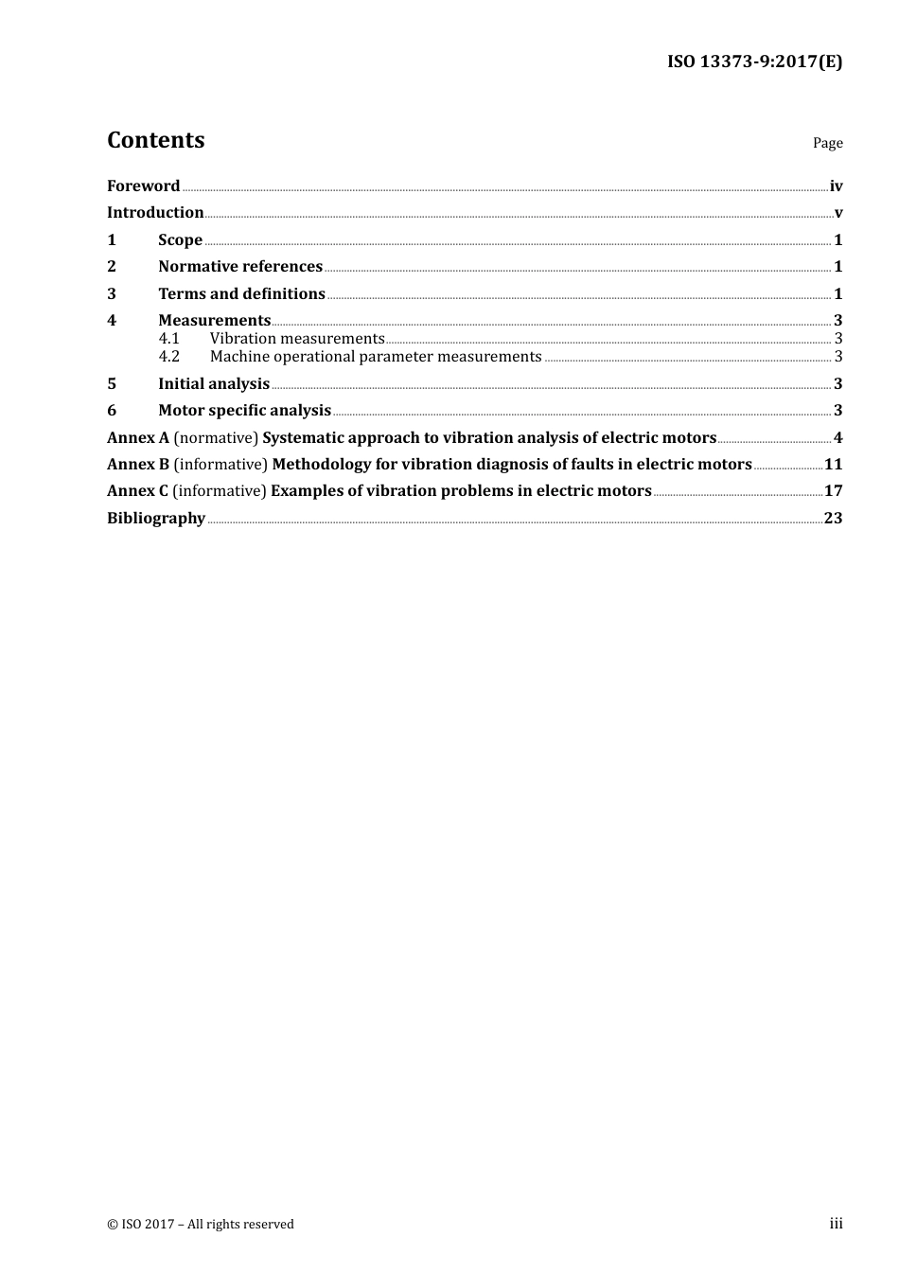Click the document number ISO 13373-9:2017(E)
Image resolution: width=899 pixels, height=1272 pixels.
coord(754,62)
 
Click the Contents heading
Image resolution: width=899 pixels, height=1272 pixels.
coord(155,140)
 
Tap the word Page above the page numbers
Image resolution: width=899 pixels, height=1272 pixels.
coord(827,143)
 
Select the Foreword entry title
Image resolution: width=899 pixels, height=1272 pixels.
coord(143,186)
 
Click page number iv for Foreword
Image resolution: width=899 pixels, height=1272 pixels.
coord(836,186)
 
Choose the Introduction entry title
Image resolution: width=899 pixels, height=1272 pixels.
coord(155,213)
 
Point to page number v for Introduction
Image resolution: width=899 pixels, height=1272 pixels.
coord(838,213)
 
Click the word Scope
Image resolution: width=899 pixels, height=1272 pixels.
coord(180,240)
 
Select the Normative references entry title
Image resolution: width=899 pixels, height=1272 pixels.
coord(240,267)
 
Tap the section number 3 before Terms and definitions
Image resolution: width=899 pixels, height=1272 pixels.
coord(112,294)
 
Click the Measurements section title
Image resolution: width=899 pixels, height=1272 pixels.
coord(214,321)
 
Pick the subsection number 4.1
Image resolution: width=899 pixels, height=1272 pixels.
coord(168,339)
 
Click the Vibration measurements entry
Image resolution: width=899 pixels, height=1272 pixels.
coord(297,339)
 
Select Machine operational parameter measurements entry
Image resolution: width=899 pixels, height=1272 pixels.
coord(376,357)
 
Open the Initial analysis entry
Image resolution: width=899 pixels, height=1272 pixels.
coord(214,384)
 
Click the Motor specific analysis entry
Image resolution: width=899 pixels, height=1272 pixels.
coord(244,411)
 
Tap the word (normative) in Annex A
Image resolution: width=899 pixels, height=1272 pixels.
coord(216,438)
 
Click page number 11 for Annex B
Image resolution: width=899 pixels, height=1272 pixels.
coord(833,465)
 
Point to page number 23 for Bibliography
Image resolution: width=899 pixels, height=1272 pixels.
coord(833,519)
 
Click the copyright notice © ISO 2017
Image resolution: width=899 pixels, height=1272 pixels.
coord(201,1225)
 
